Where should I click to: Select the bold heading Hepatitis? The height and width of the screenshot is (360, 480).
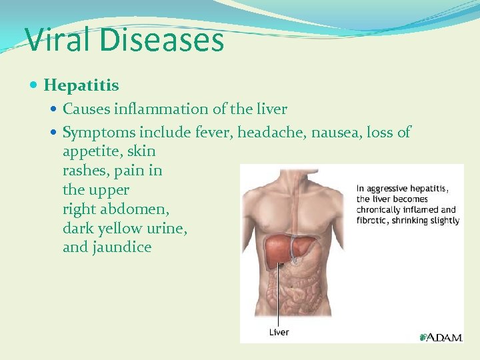(81, 85)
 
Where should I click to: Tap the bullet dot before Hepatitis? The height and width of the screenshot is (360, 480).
(35, 85)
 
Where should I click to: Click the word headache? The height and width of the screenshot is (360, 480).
(265, 133)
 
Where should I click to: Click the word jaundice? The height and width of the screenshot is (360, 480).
(126, 247)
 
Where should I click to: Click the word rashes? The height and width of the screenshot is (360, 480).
(86, 171)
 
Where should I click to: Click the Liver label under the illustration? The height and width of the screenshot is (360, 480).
(279, 331)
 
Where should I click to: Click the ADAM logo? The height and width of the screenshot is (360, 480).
(441, 337)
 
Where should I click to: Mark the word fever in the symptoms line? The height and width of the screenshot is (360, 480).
(211, 133)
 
